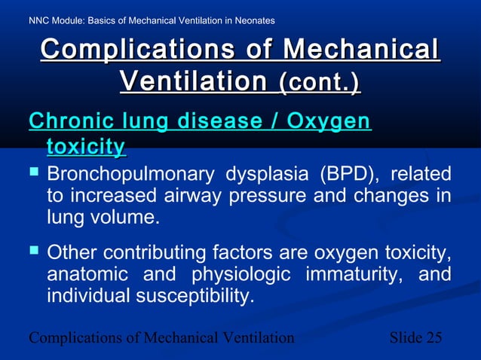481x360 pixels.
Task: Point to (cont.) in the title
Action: (x=320, y=81)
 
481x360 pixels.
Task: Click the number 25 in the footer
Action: (x=434, y=337)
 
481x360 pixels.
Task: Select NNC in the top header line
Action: (x=40, y=20)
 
